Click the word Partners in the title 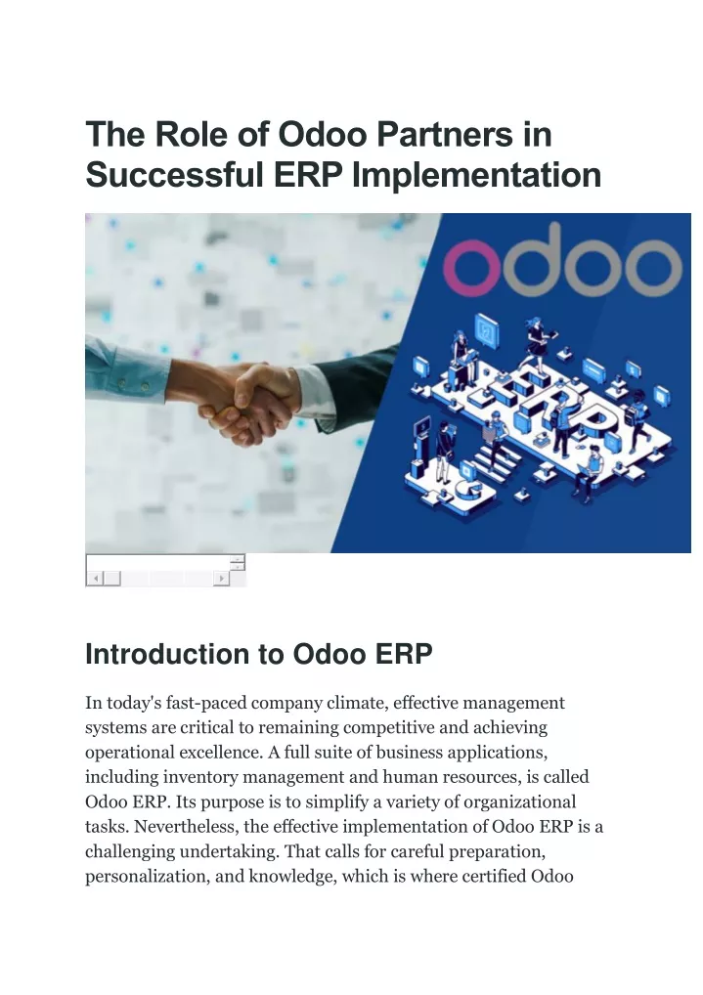(445, 134)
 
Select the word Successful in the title (175, 175)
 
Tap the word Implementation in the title (476, 176)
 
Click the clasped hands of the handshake (246, 401)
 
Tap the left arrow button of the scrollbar (95, 578)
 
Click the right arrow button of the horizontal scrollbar (222, 578)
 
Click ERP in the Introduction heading (404, 654)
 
